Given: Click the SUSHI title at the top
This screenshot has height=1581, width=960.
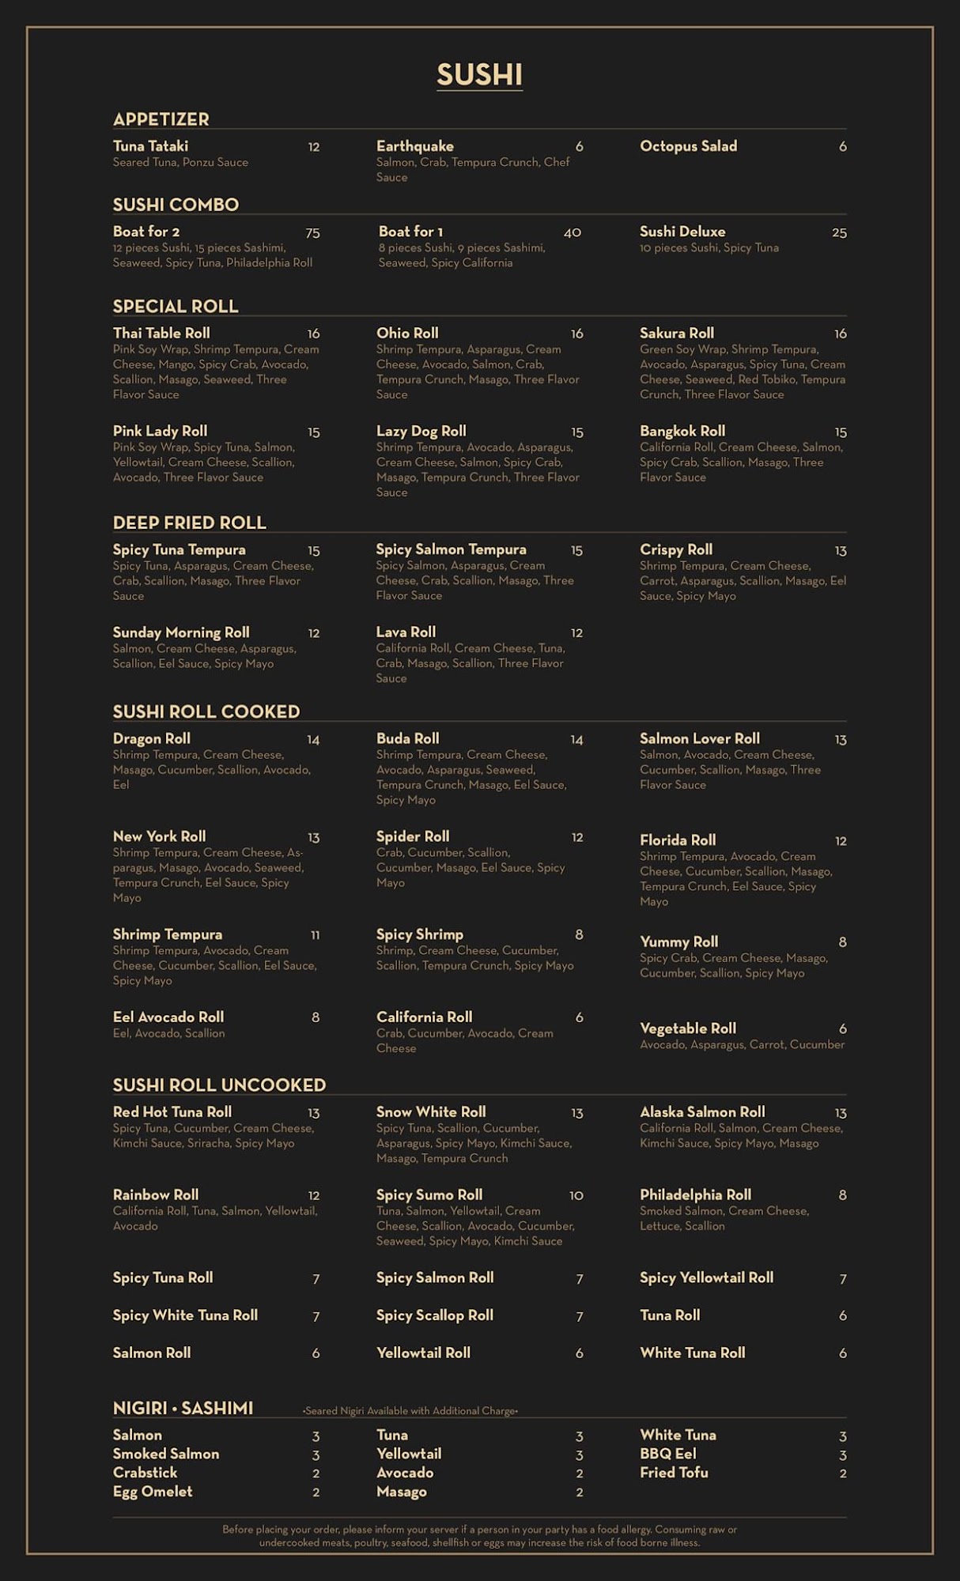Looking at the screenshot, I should tap(479, 74).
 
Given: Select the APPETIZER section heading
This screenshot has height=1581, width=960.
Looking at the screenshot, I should tap(161, 119).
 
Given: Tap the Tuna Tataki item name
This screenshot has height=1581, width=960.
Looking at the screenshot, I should tap(150, 146).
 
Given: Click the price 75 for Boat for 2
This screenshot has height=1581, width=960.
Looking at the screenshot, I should tap(312, 232).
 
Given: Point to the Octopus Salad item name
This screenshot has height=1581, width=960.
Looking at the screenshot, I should tap(688, 146).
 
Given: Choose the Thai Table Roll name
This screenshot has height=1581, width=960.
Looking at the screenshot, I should tap(161, 334).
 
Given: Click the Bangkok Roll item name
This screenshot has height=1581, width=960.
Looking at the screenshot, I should tap(682, 432).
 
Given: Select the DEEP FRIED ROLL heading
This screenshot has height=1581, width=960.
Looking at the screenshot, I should tap(189, 523).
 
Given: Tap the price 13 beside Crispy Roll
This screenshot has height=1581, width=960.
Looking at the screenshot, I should tap(840, 551).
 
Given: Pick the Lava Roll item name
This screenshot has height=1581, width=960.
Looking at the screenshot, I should tap(406, 632).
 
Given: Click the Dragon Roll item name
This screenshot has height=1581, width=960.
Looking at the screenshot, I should tap(151, 739).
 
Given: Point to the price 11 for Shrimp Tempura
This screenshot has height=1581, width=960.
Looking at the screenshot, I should tap(315, 935).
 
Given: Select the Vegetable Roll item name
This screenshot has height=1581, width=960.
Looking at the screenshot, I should tap(687, 1028).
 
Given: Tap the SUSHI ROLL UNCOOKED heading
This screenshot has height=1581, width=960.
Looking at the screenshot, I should tap(219, 1085).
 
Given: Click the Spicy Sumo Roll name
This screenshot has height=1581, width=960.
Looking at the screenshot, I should tap(429, 1195).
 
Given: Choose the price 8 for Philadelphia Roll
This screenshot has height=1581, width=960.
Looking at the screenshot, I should tap(842, 1195).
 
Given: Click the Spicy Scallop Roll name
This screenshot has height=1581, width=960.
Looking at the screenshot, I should tap(434, 1315).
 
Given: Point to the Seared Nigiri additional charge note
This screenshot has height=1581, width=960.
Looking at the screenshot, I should tap(410, 1411).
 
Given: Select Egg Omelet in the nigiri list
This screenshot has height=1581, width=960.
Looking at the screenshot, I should tap(153, 1492).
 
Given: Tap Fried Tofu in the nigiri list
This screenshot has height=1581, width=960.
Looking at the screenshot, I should tap(674, 1473).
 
